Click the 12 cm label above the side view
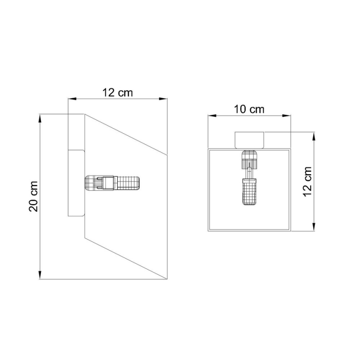pos(118,92)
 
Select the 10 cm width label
pos(249,109)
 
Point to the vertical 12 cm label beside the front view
pos(307,182)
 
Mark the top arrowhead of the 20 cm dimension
pos(40,117)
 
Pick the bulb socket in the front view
pos(249,159)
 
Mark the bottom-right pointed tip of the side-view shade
pos(166,278)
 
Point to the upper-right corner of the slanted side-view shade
pos(166,155)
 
